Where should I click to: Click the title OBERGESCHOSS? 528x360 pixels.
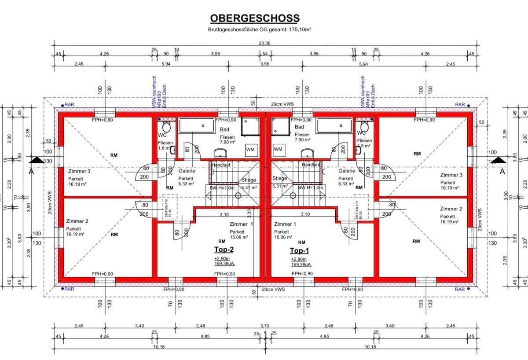pyautogui.click(x=254, y=18)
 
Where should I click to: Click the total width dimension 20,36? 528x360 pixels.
pyautogui.click(x=264, y=43)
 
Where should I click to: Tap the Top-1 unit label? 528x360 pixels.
pyautogui.click(x=299, y=250)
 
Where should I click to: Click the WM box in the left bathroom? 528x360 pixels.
pyautogui.click(x=250, y=150)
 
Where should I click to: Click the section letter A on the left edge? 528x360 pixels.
pyautogui.click(x=31, y=172)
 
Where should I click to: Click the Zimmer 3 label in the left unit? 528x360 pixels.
pyautogui.click(x=79, y=171)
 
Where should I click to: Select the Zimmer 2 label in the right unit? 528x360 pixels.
pyautogui.click(x=451, y=209)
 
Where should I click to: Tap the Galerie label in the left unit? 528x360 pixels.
pyautogui.click(x=187, y=171)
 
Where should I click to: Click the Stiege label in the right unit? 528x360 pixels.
pyautogui.click(x=279, y=178)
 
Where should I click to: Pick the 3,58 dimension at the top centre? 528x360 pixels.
pyautogui.click(x=264, y=64)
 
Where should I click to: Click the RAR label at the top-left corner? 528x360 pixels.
pyautogui.click(x=69, y=105)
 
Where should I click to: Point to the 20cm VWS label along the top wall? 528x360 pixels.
pyautogui.click(x=282, y=104)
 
